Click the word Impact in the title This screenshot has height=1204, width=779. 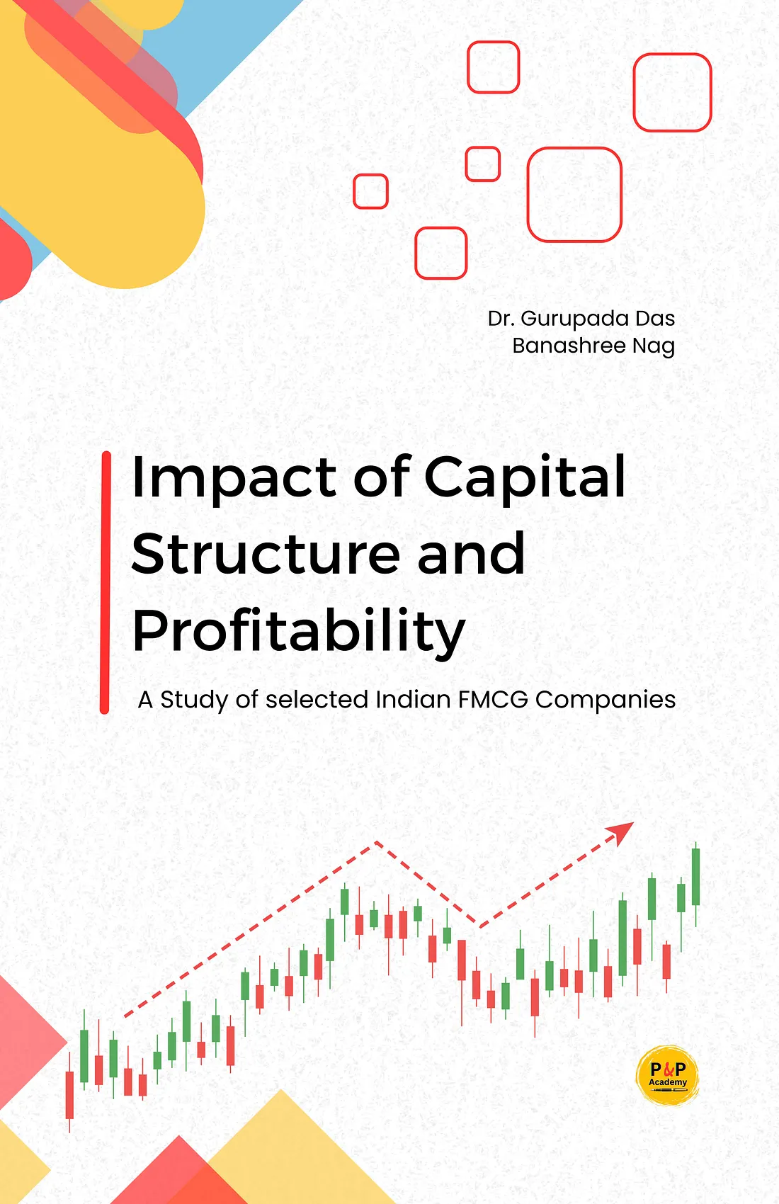pyautogui.click(x=234, y=478)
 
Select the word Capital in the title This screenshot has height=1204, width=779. pyautogui.click(x=525, y=478)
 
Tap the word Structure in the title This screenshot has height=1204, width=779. pyautogui.click(x=266, y=554)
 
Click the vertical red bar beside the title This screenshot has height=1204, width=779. pyautogui.click(x=106, y=583)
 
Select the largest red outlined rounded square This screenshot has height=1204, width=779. pyautogui.click(x=574, y=195)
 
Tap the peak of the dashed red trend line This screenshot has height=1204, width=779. pyautogui.click(x=376, y=842)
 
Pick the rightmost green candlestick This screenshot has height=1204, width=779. pyautogui.click(x=695, y=877)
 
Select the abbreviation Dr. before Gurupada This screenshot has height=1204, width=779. pyautogui.click(x=501, y=319)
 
